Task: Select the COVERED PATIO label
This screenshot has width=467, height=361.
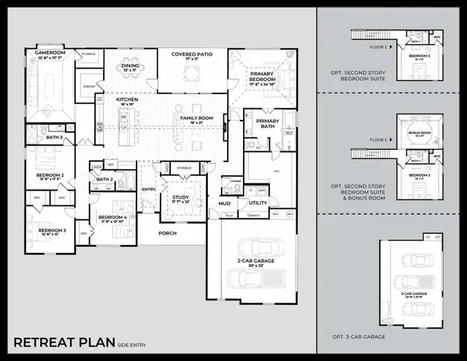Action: (x=191, y=54)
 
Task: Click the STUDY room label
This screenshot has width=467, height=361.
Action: (x=180, y=197)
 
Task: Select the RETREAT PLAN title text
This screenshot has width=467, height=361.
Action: (x=62, y=342)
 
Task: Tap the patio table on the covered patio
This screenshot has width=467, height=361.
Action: (x=191, y=72)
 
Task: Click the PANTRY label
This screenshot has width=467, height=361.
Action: (x=90, y=86)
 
